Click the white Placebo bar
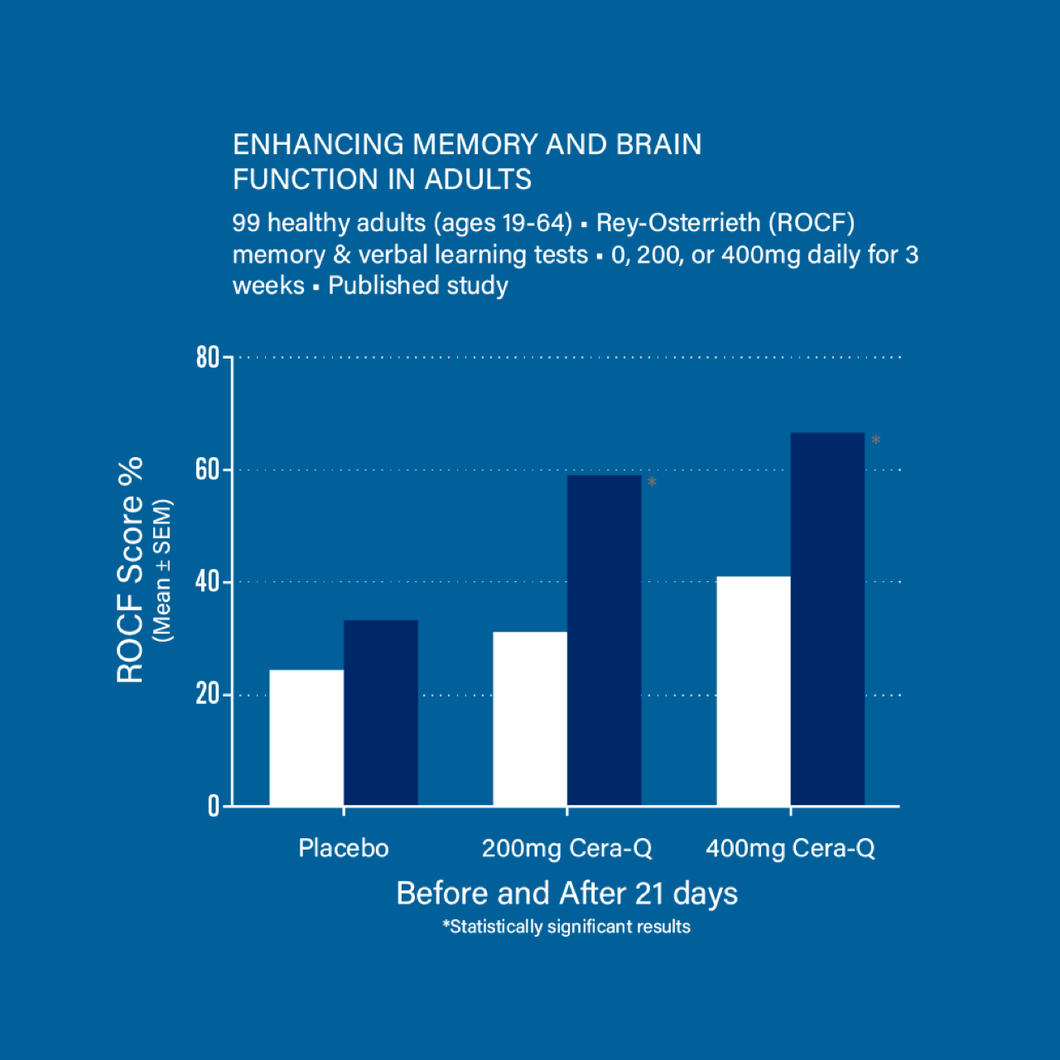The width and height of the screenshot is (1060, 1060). [306, 737]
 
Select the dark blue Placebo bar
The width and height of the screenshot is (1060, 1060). [381, 712]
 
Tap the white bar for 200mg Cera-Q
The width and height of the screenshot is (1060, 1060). [530, 719]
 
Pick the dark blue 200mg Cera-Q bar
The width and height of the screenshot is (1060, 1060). [605, 639]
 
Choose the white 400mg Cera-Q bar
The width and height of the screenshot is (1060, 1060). [754, 691]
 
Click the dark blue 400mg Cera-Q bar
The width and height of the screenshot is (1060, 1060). [827, 619]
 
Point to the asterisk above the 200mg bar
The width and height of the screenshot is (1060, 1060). [652, 483]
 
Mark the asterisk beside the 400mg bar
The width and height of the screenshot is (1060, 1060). [875, 441]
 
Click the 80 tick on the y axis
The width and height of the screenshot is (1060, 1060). [207, 358]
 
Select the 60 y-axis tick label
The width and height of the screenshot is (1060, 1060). [207, 470]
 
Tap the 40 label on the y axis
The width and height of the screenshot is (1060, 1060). [207, 582]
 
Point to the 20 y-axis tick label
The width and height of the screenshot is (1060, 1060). [207, 694]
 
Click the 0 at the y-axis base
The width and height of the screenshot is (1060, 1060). [214, 806]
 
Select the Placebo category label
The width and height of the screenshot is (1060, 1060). [343, 848]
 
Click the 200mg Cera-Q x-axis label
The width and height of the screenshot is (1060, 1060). [566, 848]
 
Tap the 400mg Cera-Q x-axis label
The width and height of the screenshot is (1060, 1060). [790, 848]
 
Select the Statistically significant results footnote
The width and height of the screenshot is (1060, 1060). [566, 927]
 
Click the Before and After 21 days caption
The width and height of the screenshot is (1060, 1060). [566, 894]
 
